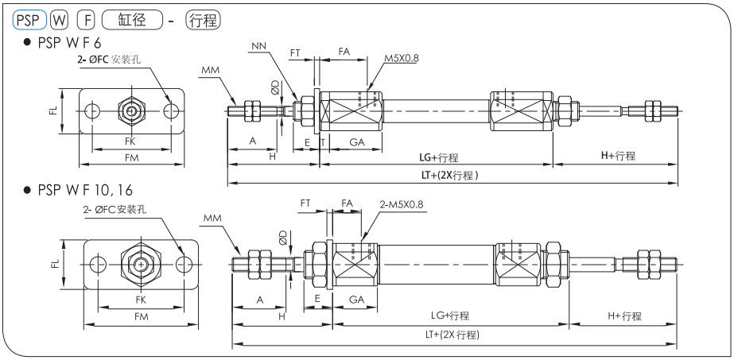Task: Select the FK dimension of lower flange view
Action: [x=141, y=301]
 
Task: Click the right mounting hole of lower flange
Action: [x=184, y=264]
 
